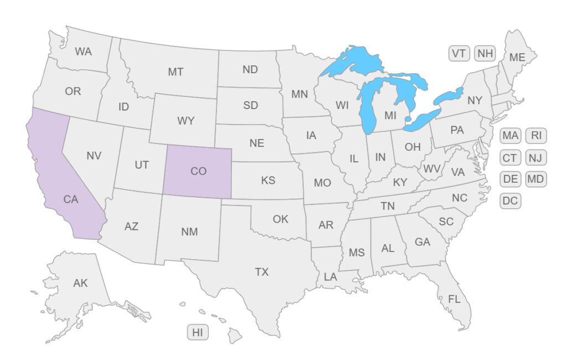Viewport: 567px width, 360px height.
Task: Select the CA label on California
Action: [71, 199]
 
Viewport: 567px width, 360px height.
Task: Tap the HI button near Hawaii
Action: [198, 333]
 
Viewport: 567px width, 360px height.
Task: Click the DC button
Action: [510, 200]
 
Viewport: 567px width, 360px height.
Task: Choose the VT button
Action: [458, 54]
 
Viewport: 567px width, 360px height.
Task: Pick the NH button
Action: [485, 54]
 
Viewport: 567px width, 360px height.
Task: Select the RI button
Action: [536, 136]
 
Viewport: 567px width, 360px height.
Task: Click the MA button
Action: [510, 136]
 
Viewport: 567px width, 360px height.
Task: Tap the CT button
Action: [510, 158]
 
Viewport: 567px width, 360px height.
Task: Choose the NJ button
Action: [535, 158]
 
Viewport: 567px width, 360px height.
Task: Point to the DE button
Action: [510, 179]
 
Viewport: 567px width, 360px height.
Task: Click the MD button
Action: [535, 179]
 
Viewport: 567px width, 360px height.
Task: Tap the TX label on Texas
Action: [261, 272]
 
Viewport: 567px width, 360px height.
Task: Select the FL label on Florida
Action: [454, 300]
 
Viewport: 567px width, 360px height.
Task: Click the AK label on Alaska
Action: [80, 283]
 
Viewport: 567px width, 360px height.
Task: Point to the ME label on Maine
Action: [517, 57]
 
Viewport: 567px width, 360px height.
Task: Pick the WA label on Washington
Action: [83, 52]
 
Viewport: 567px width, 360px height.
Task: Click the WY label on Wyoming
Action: [185, 121]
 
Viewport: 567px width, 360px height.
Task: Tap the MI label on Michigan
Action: [390, 116]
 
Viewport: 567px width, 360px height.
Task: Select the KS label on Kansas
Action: [268, 181]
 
